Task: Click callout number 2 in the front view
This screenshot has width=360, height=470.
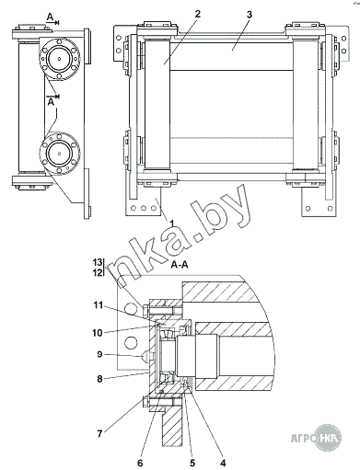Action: pos(197,14)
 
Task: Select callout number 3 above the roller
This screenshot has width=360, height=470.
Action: pos(250,15)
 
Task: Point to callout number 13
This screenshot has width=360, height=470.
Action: pos(98,262)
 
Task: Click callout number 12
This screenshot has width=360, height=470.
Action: pos(98,272)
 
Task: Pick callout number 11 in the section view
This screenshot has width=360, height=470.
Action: pos(98,305)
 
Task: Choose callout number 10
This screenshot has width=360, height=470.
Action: pos(98,333)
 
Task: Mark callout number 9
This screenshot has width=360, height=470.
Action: pos(99,354)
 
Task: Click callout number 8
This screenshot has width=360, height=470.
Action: pos(99,379)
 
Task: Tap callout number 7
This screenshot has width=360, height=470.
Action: pos(99,434)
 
